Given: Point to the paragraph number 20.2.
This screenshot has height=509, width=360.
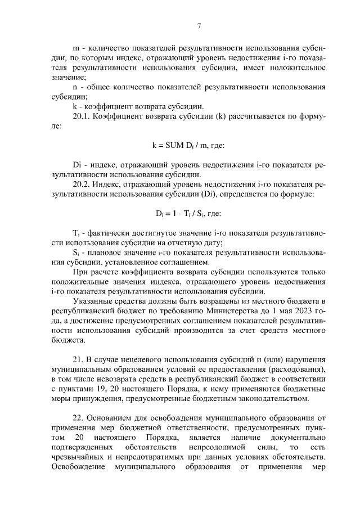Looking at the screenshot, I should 82,184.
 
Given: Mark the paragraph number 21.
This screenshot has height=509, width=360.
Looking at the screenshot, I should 78,359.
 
